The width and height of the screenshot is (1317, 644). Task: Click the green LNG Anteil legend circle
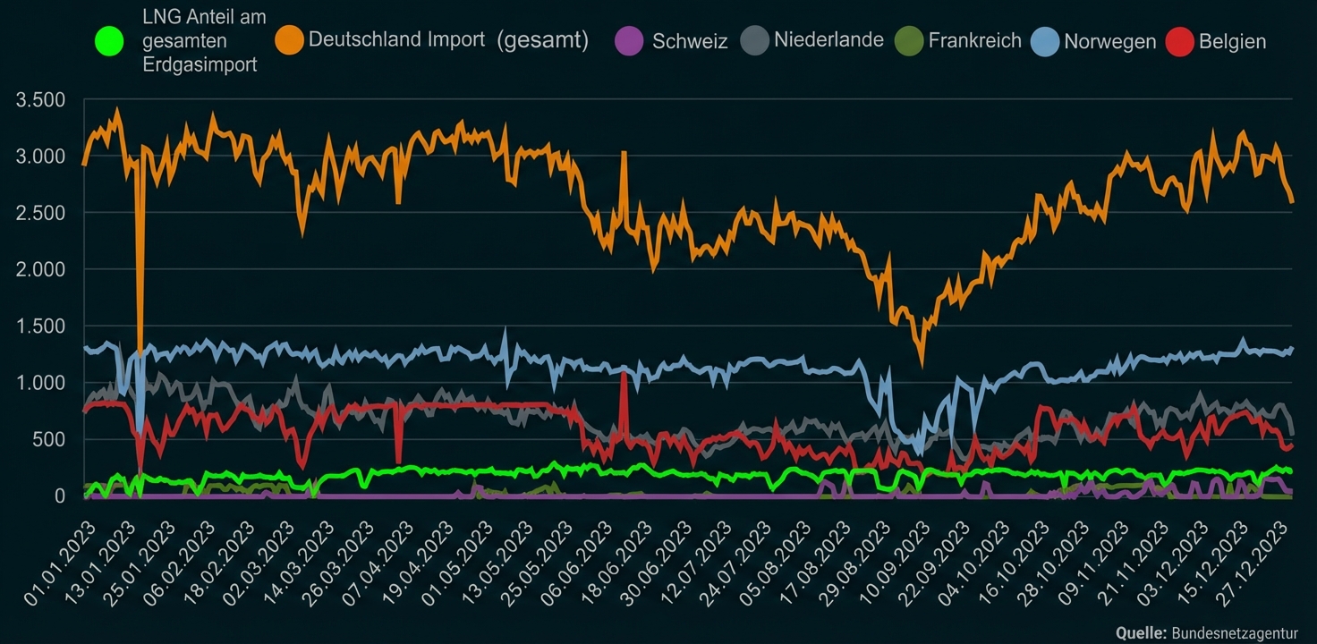(x=108, y=41)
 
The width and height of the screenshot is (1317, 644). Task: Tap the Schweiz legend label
(x=690, y=41)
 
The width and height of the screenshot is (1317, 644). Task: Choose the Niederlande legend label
(x=828, y=39)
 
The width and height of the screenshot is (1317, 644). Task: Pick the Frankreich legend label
(x=974, y=40)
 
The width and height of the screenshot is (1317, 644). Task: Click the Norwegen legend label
(x=1109, y=41)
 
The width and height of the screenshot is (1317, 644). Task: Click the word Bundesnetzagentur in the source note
(x=1236, y=632)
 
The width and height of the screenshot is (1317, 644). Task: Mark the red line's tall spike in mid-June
(x=624, y=374)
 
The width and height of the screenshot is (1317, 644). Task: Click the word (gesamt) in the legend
(x=541, y=40)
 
